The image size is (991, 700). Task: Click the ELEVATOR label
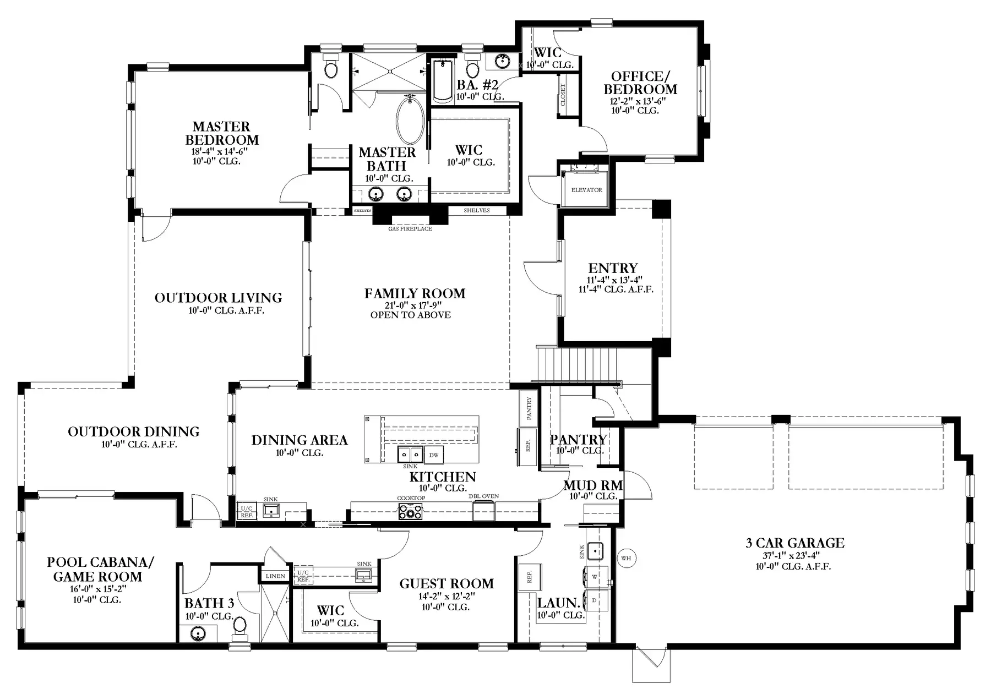[x=586, y=190]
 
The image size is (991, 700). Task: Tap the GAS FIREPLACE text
[x=410, y=228]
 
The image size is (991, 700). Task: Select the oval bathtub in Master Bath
[x=410, y=122]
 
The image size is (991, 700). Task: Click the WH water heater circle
[x=626, y=558]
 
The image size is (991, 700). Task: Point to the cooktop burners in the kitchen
[x=410, y=512]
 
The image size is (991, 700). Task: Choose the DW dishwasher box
[x=434, y=454]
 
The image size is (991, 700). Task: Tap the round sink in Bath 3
[x=198, y=634]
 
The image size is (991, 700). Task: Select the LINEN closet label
[x=275, y=576]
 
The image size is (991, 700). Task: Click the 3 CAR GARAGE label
[x=795, y=543]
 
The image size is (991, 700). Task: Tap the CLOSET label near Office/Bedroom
[x=563, y=95]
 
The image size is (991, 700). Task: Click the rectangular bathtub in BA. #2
[x=443, y=81]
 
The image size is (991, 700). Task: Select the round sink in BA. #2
[x=502, y=60]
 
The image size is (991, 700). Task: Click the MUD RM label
[x=593, y=485]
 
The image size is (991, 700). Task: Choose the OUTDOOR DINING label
[x=134, y=431]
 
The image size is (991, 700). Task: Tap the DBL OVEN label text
[x=484, y=496]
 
